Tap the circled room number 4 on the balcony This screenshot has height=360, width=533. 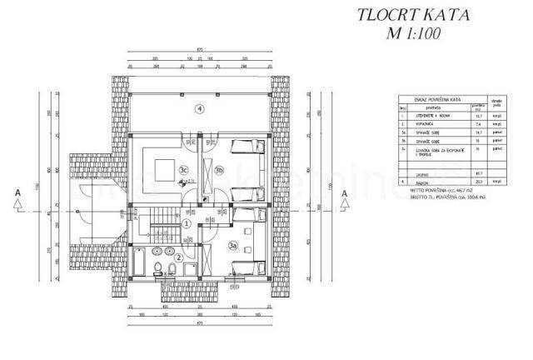(199, 109)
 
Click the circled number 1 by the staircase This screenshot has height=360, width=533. (187, 223)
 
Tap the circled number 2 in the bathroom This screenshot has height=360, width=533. (179, 257)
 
